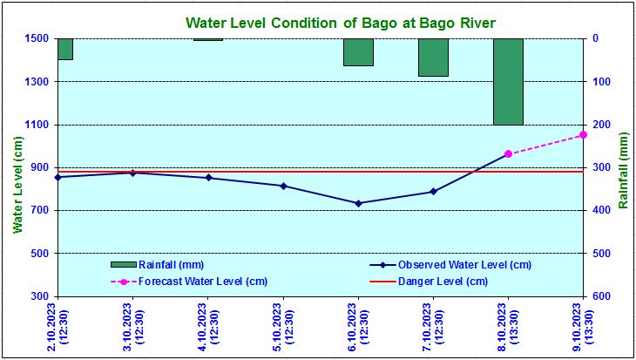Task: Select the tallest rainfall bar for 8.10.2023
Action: [x=508, y=81]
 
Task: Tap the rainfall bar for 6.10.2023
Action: [x=358, y=52]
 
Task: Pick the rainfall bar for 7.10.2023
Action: [x=433, y=58]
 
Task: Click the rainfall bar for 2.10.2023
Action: [x=64, y=49]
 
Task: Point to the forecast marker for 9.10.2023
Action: [x=583, y=134]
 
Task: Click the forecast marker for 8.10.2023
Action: [x=508, y=154]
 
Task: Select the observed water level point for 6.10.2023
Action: [x=358, y=203]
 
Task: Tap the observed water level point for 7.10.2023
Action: [x=433, y=192]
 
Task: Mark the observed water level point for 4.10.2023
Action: [x=208, y=178]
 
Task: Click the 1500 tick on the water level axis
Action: [x=37, y=38]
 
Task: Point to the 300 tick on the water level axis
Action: [x=41, y=296]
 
